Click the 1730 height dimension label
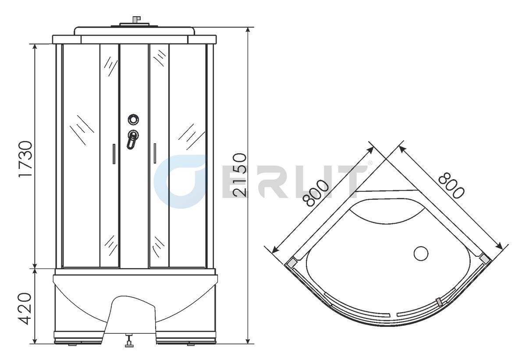pos(25,159)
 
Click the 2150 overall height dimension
pos(240,175)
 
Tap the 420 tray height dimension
pos(25,308)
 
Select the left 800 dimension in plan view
pos(316,193)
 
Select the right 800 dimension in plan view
pos(451,185)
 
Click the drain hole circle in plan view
pos(421,254)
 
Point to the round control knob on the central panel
pos(133,119)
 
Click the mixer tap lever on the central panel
pos(132,140)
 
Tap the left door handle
pos(114,154)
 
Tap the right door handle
pos(155,153)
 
